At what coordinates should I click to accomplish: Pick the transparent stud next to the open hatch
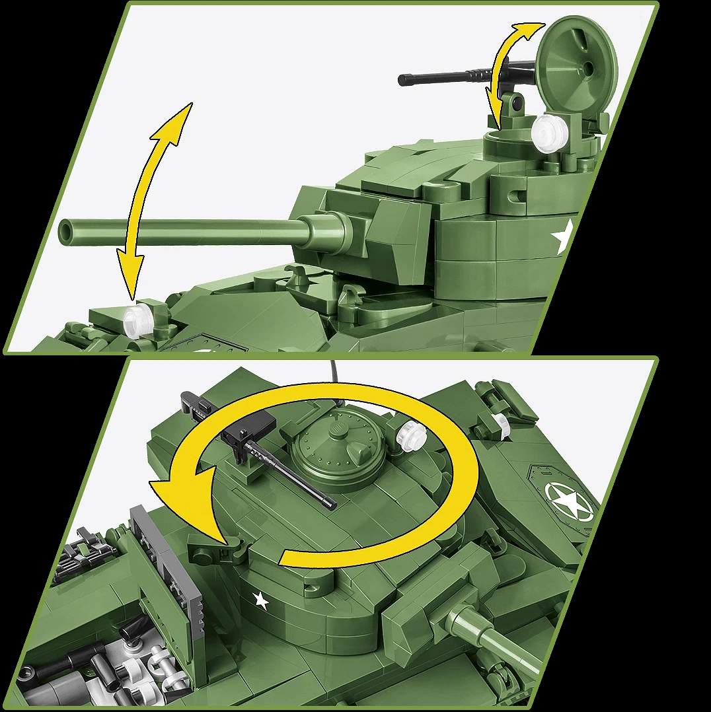[x=550, y=131]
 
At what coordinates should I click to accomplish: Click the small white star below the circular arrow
[x=261, y=600]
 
